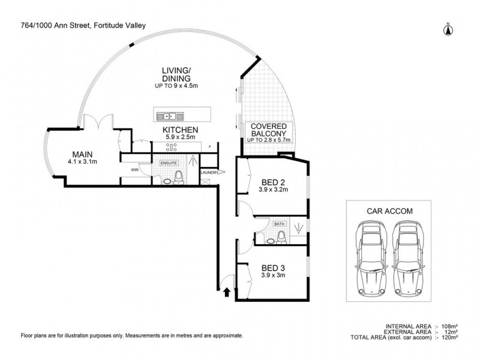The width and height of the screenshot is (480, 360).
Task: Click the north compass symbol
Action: (x=448, y=29)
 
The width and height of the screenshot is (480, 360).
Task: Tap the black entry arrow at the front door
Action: (x=227, y=292)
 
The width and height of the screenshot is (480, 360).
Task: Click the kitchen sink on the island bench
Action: (x=170, y=116)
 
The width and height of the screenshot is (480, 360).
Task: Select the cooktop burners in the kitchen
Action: (x=171, y=147)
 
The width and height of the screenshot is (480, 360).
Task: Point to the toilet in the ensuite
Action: (x=178, y=178)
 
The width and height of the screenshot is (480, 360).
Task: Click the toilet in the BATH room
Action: (x=281, y=238)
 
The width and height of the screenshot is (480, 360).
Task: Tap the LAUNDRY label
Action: (x=209, y=173)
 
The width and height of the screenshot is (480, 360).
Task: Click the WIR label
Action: (x=134, y=170)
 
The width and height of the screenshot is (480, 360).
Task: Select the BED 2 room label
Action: (x=273, y=182)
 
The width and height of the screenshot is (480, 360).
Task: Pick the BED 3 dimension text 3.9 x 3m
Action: (x=273, y=275)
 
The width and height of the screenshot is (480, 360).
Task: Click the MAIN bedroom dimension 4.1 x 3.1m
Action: (x=82, y=161)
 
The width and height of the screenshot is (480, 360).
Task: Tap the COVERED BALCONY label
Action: (x=268, y=130)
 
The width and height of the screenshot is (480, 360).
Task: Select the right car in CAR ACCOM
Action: (x=407, y=259)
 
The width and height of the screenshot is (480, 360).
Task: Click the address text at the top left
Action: (x=83, y=26)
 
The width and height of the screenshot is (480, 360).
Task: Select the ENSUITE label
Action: (x=169, y=163)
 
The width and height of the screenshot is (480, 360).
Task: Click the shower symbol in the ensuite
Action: (x=193, y=160)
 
